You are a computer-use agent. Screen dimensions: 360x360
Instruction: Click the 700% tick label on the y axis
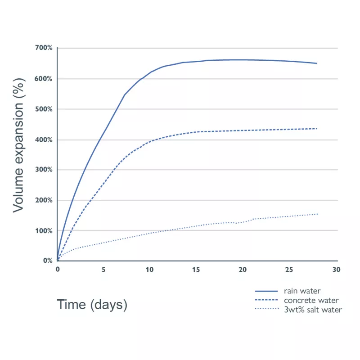coord(44,48)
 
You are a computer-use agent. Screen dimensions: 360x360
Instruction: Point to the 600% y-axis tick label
coord(44,79)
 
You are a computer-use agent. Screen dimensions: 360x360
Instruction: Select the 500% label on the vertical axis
coord(44,109)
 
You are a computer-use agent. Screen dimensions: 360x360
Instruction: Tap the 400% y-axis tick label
coord(44,140)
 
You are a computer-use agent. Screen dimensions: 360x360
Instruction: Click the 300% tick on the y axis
coord(44,170)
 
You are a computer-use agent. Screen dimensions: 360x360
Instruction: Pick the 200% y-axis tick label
coord(44,200)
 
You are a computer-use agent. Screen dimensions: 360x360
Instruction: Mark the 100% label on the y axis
coord(44,231)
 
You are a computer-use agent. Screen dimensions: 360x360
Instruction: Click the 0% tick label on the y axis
coord(47,261)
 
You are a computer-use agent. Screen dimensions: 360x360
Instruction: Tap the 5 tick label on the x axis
coord(103,270)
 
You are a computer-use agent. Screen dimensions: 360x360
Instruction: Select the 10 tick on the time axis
coord(149,270)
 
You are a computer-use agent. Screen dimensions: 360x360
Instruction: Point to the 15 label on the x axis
coord(196,270)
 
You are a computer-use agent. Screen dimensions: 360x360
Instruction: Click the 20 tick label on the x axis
coord(243,270)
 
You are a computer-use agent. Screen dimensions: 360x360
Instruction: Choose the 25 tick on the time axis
coord(289,270)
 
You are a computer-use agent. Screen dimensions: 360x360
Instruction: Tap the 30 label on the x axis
coord(336,270)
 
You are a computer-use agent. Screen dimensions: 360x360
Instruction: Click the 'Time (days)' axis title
coord(92,305)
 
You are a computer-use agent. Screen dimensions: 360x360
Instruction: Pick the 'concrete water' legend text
coord(311,300)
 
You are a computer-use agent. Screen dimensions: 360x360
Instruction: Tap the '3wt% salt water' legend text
coord(313,309)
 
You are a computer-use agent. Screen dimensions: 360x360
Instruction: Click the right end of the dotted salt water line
coord(317,214)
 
